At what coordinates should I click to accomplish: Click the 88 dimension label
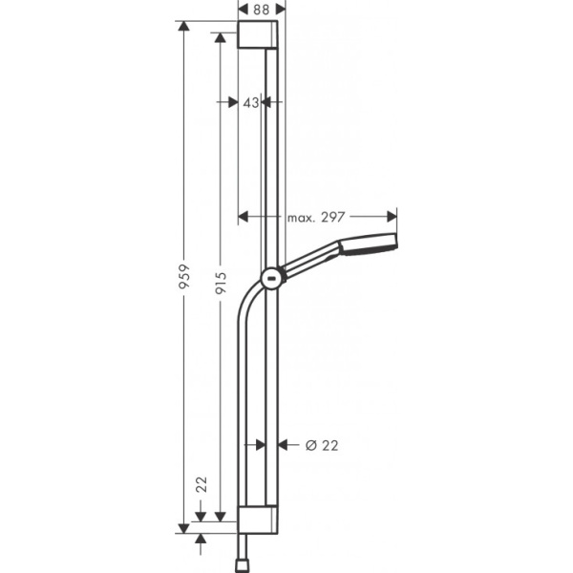(x=259, y=10)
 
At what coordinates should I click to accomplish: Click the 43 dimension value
(x=251, y=102)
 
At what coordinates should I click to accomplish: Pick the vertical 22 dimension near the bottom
(x=201, y=485)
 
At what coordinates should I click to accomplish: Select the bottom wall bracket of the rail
(x=260, y=520)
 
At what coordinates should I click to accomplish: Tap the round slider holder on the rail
(x=272, y=279)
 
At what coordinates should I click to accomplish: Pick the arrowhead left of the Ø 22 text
(x=282, y=444)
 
